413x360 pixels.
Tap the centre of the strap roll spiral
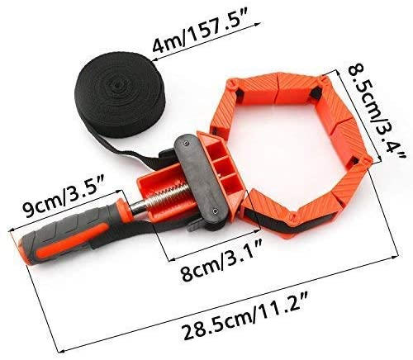(x=118, y=82)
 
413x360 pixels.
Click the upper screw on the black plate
(x=186, y=143)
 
